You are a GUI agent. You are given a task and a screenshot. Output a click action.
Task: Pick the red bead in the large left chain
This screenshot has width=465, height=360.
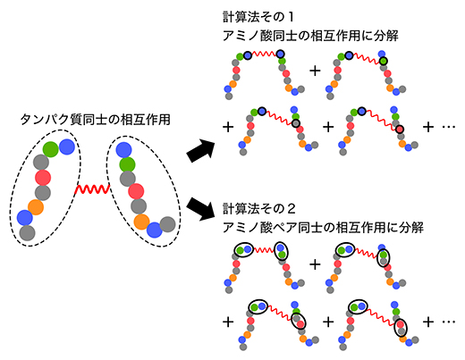42,177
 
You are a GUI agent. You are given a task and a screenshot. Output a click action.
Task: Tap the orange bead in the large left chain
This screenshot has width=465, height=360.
36,207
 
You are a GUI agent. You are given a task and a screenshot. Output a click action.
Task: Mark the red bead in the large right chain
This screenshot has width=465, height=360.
136,190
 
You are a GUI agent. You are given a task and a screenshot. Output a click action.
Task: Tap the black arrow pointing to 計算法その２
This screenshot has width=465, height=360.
199,213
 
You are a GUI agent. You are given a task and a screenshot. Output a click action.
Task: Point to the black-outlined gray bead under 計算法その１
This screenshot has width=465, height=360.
283,56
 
